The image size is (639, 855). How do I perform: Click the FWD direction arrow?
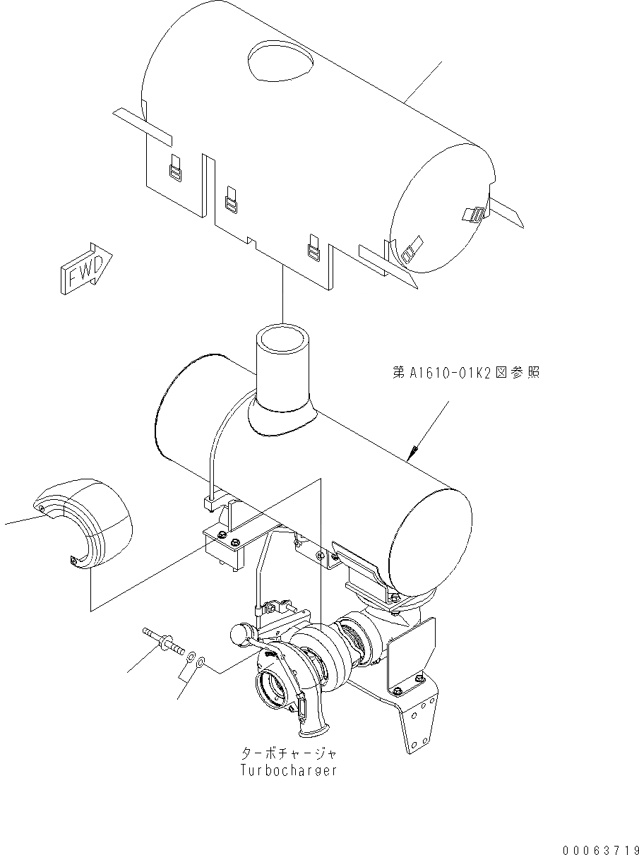coord(83,268)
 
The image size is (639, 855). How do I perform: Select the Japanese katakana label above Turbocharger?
coord(287,753)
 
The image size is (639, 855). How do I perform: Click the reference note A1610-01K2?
coord(466,372)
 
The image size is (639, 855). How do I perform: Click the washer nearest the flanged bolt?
coord(189,657)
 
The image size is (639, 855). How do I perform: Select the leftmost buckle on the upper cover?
coord(175,169)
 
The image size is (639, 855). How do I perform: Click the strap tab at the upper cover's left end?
coord(143,123)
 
